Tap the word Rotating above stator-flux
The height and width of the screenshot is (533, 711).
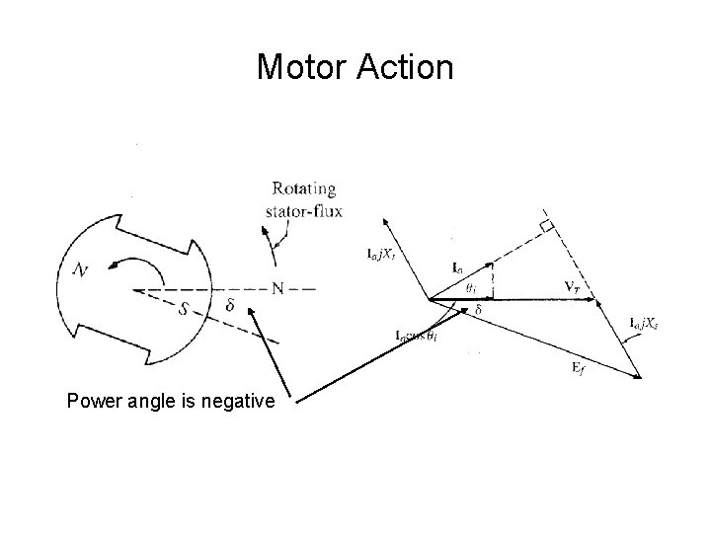303,189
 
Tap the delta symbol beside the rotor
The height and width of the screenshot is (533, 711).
229,306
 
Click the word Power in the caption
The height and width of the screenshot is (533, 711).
92,401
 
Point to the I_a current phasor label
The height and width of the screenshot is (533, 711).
459,266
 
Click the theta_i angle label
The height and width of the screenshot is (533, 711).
473,289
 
